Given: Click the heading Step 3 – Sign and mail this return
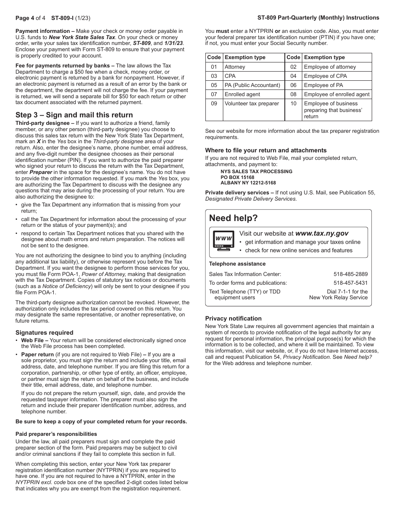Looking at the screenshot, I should [x=74, y=115].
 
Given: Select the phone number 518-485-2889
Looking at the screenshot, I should [x=350, y=274].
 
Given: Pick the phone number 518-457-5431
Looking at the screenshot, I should [x=350, y=283].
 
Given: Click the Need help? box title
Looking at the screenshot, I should [x=233, y=219].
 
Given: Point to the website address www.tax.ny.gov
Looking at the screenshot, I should [x=321, y=234].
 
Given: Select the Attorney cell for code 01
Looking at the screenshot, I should [x=235, y=67].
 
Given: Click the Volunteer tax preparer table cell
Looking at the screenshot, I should [x=252, y=104].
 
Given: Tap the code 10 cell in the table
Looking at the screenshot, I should [x=293, y=104].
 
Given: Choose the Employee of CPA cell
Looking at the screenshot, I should [x=325, y=76].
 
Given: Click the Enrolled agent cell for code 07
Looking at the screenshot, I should [x=242, y=94].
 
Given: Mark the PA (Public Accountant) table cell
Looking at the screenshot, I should [x=252, y=85].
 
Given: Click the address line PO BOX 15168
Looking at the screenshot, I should [x=237, y=177].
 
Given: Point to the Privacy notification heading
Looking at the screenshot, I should [x=233, y=318].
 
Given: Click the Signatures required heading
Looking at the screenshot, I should [x=44, y=333].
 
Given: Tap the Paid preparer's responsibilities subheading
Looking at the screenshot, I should [x=56, y=434].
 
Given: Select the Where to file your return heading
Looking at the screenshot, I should [x=266, y=150].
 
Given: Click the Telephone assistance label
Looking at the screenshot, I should [x=237, y=264].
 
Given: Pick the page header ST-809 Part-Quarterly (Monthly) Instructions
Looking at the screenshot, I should [x=318, y=18].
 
